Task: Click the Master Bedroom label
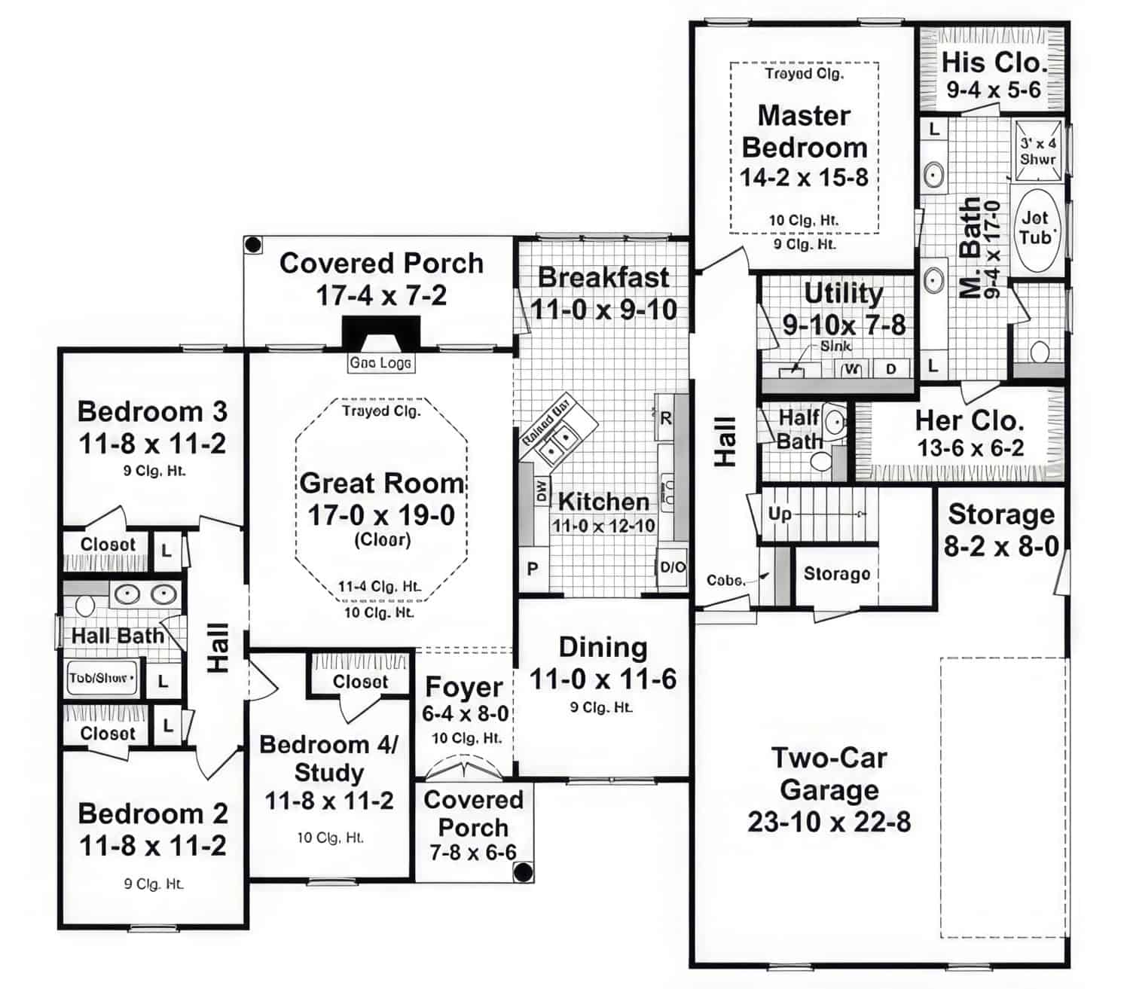[805, 132]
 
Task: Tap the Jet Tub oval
[1036, 228]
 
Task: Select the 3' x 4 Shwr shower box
[1038, 151]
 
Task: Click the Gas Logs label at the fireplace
[380, 363]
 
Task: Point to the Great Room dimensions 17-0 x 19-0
[381, 515]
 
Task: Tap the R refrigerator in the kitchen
[665, 418]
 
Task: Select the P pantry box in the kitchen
[533, 569]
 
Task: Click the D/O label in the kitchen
[673, 568]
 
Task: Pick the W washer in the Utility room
[852, 369]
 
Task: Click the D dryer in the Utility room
[891, 369]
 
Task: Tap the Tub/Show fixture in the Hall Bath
[102, 678]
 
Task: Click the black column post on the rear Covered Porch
[253, 245]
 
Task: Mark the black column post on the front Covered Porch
[522, 871]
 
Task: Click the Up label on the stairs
[780, 514]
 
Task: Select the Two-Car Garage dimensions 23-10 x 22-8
[829, 822]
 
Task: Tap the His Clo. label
[994, 62]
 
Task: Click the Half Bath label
[799, 429]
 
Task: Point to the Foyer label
[463, 687]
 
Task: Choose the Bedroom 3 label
[152, 412]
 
